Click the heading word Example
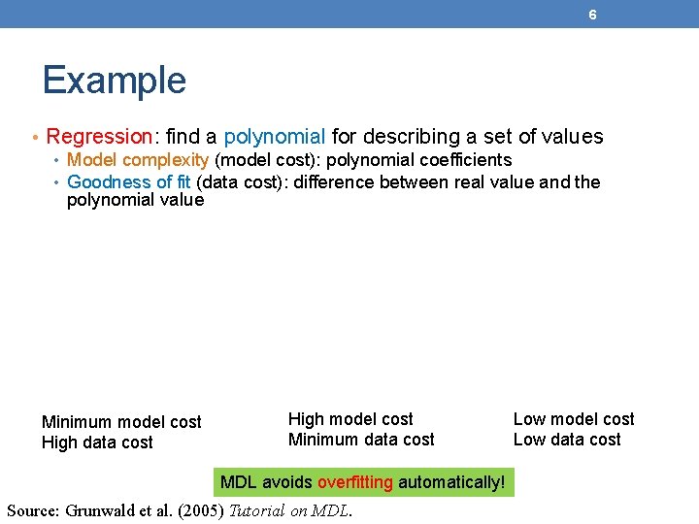pyautogui.click(x=114, y=80)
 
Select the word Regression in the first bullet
pyautogui.click(x=99, y=137)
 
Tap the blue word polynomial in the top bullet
pyautogui.click(x=274, y=137)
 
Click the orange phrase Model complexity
pyautogui.click(x=138, y=160)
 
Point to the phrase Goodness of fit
pyautogui.click(x=129, y=182)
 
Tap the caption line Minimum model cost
pyautogui.click(x=121, y=422)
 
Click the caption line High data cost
pyautogui.click(x=97, y=442)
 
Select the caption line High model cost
pyautogui.click(x=350, y=419)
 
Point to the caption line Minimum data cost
pyautogui.click(x=361, y=440)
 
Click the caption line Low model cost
pyautogui.click(x=573, y=419)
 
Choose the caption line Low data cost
pyautogui.click(x=566, y=440)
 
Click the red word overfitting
pyautogui.click(x=355, y=482)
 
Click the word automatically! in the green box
pyautogui.click(x=451, y=482)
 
